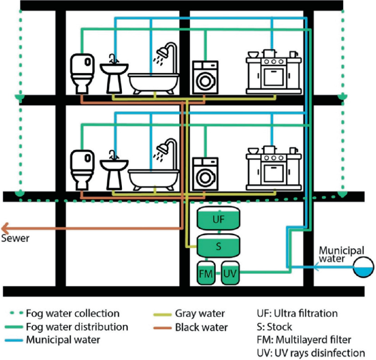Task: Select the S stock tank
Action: point(218,246)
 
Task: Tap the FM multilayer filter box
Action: point(206,273)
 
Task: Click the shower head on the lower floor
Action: point(163,149)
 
